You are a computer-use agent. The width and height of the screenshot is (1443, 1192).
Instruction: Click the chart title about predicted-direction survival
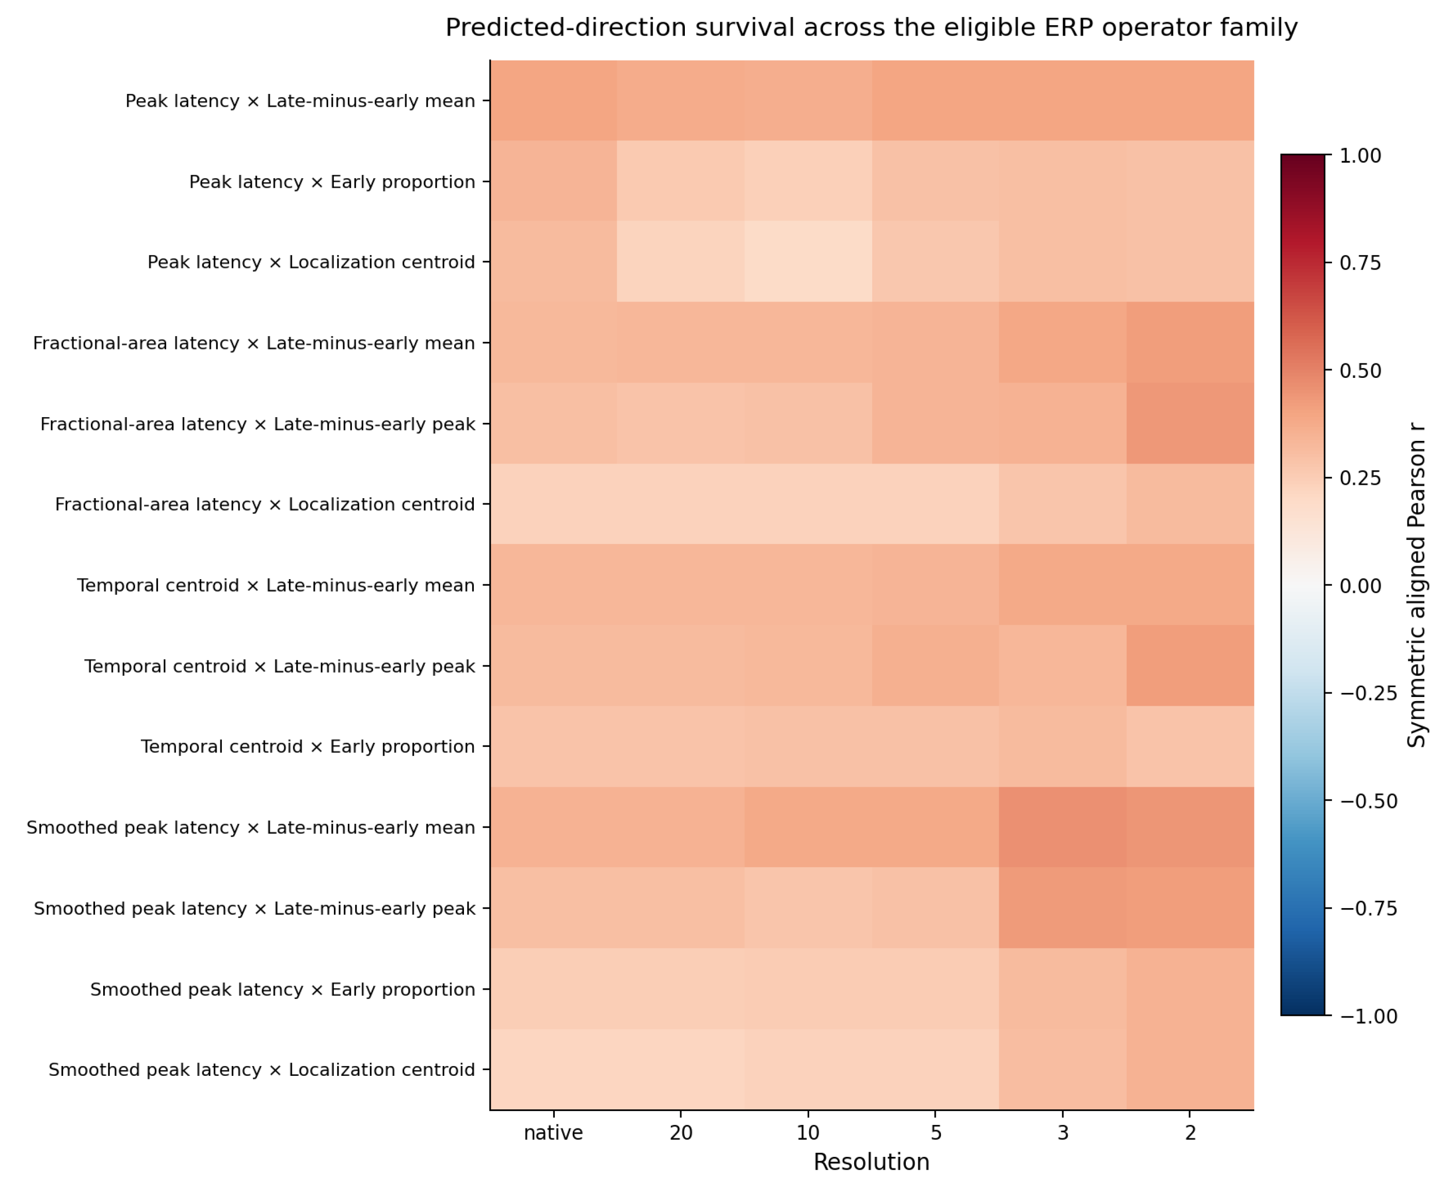pos(871,27)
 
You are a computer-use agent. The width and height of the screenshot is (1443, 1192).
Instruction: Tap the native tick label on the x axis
pos(553,1132)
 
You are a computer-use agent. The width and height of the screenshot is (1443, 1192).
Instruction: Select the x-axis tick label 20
pos(681,1132)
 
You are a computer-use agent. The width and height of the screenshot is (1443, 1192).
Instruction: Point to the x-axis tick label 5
pos(936,1132)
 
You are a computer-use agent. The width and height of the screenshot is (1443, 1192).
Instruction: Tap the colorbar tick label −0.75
pos(1369,909)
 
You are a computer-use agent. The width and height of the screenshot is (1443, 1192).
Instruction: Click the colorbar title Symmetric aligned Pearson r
pos(1417,586)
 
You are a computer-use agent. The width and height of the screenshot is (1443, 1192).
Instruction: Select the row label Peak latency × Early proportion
pos(332,182)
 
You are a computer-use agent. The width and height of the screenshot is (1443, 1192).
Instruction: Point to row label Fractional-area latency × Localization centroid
pos(265,505)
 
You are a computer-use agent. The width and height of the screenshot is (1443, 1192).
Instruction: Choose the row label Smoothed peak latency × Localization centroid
pos(262,1070)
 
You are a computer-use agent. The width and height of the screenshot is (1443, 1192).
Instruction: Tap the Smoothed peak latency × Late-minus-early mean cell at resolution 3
pos(1063,828)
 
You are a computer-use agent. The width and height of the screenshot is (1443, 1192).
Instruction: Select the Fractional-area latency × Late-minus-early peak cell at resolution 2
pos(1191,424)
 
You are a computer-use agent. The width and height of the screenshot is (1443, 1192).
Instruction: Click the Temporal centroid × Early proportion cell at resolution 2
pos(1191,746)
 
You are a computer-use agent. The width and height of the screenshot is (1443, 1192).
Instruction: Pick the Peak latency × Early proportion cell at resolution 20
pos(681,181)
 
